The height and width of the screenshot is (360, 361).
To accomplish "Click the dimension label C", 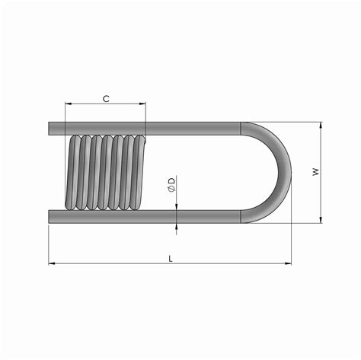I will [106, 98].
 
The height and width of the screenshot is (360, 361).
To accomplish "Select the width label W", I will [314, 172].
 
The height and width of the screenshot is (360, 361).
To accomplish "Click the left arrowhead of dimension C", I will [69, 105].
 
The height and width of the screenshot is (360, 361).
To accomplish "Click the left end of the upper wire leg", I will [50, 127].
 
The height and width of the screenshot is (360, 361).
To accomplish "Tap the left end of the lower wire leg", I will [50, 217].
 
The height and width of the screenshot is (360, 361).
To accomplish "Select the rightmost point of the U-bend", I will [290, 172].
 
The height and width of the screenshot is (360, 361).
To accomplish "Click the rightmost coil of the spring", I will [139, 172].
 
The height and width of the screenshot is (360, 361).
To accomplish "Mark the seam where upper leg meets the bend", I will [241, 127].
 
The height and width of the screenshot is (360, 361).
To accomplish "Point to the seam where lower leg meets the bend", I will [241, 217].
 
